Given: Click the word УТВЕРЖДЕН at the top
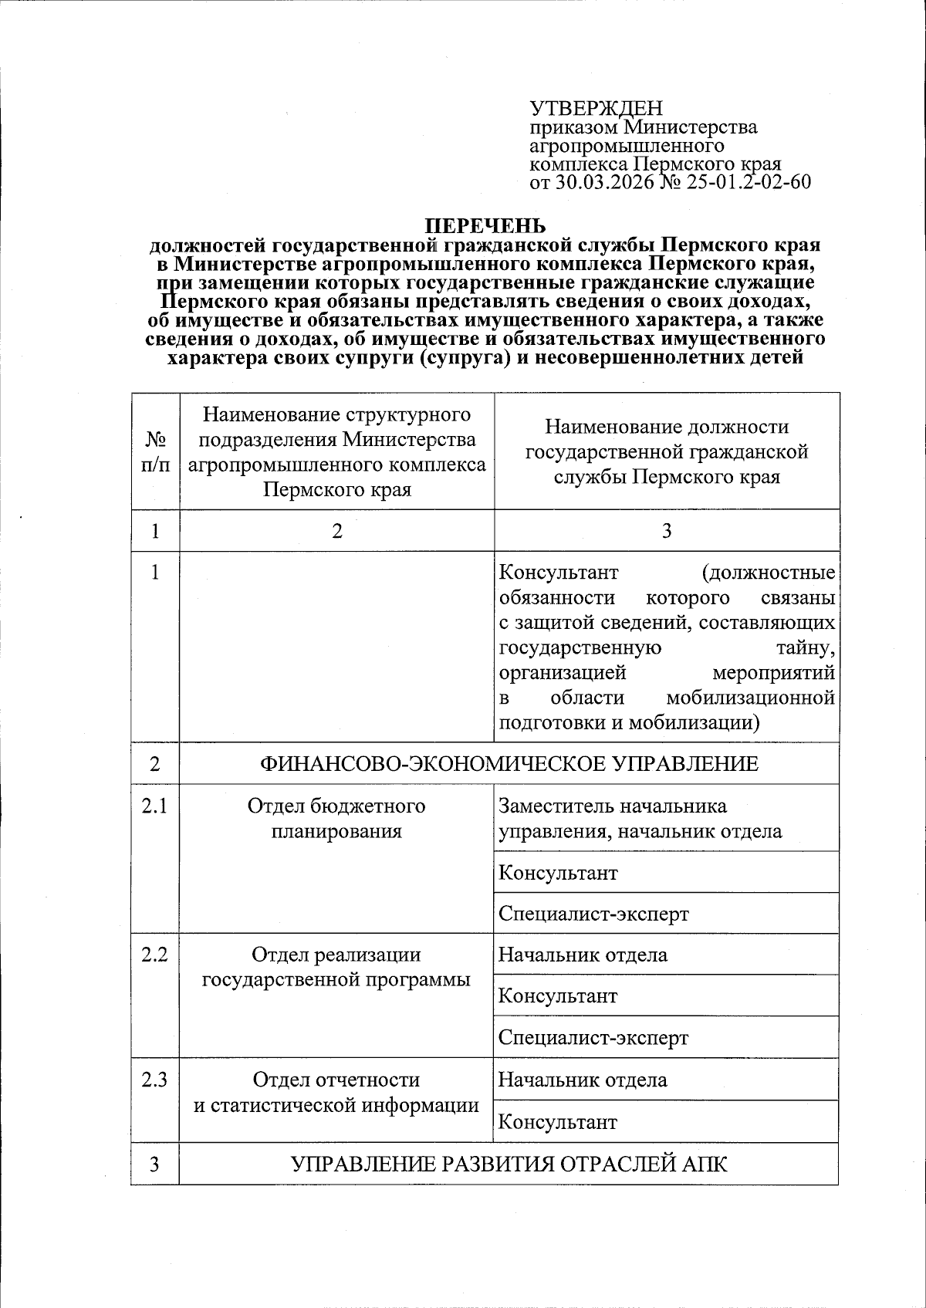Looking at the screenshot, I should (x=596, y=109).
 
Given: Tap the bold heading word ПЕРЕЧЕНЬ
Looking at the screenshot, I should (x=486, y=226).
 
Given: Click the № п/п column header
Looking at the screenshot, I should (x=155, y=451).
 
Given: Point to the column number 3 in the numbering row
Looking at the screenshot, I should (x=666, y=531).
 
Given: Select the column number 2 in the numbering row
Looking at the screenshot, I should (x=336, y=531).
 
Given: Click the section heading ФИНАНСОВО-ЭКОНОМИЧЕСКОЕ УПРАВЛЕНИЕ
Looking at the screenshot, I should (x=509, y=764).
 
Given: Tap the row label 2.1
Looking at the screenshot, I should (x=155, y=806).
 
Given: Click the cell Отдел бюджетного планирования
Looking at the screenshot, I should (x=336, y=818).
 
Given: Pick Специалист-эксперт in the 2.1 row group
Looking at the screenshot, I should (x=593, y=914).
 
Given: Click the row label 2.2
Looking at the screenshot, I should (x=155, y=955).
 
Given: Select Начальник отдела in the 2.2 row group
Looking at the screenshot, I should (x=583, y=955).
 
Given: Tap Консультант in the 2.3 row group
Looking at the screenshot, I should (x=558, y=1121).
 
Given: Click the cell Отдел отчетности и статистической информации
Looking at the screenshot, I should (x=336, y=1092).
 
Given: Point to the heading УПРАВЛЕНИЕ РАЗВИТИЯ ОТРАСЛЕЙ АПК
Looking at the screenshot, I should (x=509, y=1164).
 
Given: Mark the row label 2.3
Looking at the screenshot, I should (x=155, y=1080).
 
